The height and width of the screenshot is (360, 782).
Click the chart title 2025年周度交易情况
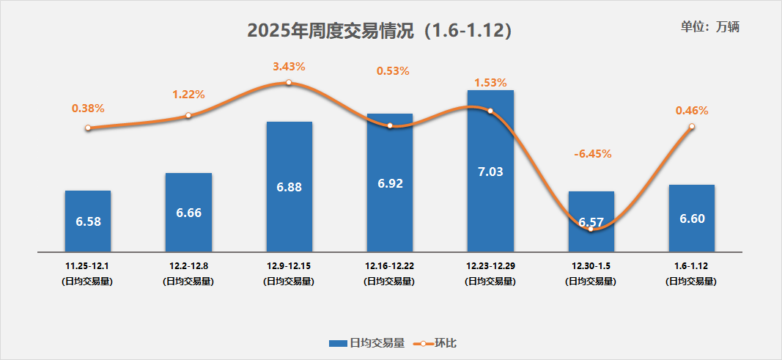pyautogui.click(x=379, y=31)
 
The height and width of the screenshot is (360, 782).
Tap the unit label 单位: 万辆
pyautogui.click(x=710, y=27)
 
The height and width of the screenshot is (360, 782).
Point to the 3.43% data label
pyautogui.click(x=289, y=66)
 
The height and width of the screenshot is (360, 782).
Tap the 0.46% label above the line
pyautogui.click(x=691, y=111)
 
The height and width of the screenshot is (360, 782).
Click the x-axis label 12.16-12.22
pyautogui.click(x=390, y=265)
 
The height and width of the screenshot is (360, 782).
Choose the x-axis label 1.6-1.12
pyautogui.click(x=691, y=265)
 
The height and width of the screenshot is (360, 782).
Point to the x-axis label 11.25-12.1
pyautogui.click(x=87, y=265)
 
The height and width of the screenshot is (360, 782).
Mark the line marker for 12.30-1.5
pyautogui.click(x=591, y=228)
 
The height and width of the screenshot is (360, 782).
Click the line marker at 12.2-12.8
pyautogui.click(x=188, y=115)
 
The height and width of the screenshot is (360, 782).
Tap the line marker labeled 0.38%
pyautogui.click(x=88, y=128)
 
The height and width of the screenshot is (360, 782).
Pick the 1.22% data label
pyautogui.click(x=188, y=95)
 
